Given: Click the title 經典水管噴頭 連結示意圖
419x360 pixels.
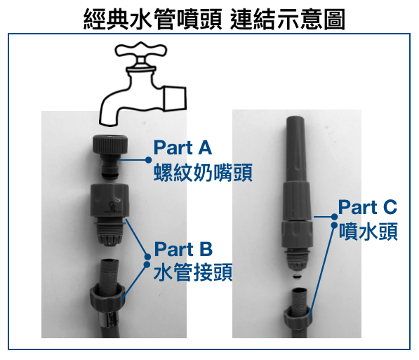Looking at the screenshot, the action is point(214,19).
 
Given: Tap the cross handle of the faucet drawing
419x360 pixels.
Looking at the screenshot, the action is point(141,51).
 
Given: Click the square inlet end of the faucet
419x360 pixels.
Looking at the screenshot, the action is point(175,98).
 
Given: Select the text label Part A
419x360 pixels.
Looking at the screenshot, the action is point(182,147).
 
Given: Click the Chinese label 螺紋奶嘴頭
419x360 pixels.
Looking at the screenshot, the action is point(203,173).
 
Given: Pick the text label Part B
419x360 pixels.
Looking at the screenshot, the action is point(183,249).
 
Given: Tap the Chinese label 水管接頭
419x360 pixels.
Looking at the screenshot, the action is point(193,272).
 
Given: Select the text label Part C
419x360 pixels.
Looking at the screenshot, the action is point(368,207).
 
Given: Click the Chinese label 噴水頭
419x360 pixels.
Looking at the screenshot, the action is point(368,231).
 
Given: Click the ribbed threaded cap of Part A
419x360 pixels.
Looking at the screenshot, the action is point(110,145).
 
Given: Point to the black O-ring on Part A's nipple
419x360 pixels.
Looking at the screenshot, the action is point(109,175).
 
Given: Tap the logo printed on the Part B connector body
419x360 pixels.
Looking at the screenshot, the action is point(112,208).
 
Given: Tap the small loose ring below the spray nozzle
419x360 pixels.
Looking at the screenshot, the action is point(296,276).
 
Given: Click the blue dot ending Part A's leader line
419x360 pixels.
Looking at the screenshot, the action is point(149,160).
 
